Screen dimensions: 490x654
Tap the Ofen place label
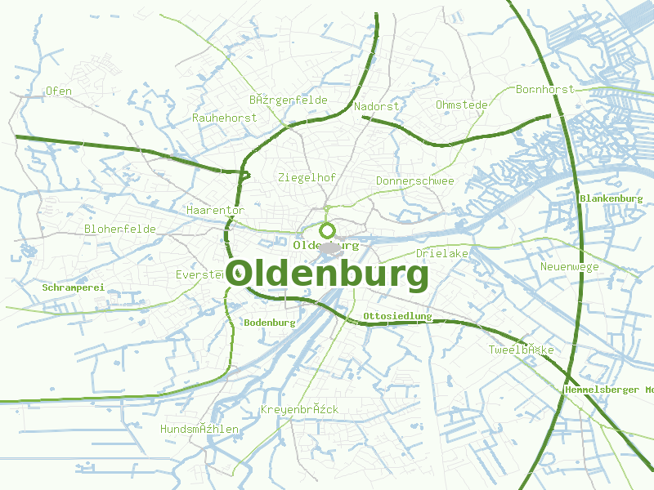coord(59,91)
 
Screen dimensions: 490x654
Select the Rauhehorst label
coord(224,118)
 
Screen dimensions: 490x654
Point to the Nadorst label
coord(377,106)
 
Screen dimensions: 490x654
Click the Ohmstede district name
coord(462,105)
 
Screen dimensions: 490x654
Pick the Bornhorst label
coord(545,89)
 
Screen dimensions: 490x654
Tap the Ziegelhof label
coord(307,177)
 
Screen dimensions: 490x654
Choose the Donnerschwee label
coord(414,180)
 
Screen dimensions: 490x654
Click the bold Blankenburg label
coord(611,198)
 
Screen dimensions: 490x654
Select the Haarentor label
coord(215,210)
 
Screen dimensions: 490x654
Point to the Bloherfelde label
coord(119,229)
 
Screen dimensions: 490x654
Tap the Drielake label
coord(441,253)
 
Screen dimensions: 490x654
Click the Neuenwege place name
coord(569,266)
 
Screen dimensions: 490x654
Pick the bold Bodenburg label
coord(269,323)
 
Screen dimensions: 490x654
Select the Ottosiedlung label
coord(397,315)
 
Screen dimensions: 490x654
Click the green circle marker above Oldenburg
coord(328,230)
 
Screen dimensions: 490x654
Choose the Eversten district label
coord(199,274)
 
